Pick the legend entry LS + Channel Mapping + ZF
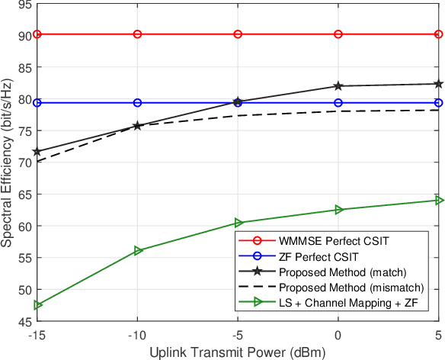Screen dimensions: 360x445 tap(339, 304)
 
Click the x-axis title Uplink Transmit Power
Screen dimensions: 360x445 tap(238, 352)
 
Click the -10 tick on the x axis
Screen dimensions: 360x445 tap(137, 334)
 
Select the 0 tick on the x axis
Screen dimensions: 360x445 tap(338, 334)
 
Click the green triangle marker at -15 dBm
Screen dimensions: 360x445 tap(37, 305)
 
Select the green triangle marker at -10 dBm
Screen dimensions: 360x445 tap(138, 250)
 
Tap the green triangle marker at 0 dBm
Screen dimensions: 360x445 tap(338, 210)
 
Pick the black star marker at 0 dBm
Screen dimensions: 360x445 tap(338, 86)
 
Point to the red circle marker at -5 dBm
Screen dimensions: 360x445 tap(238, 34)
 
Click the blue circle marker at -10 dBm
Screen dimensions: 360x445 tap(137, 103)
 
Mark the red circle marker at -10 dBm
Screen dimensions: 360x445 tap(137, 34)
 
